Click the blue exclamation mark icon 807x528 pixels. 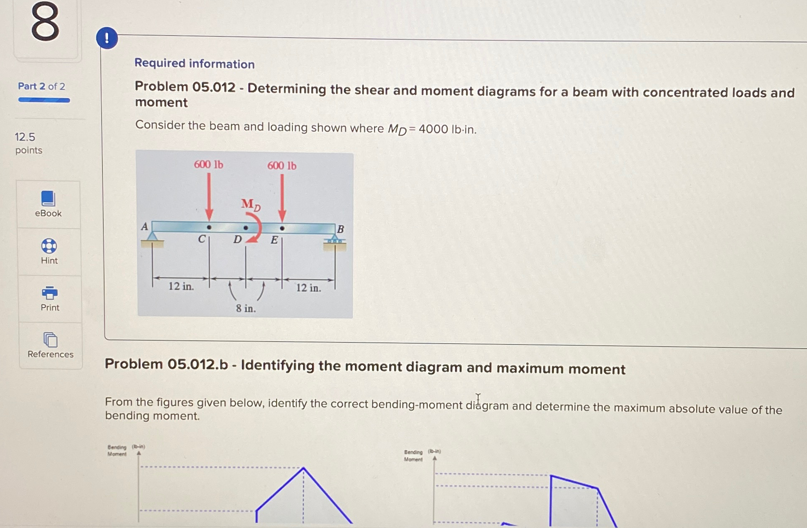click(x=107, y=38)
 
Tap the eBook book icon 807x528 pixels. click(x=48, y=199)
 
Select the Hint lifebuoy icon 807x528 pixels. click(x=49, y=246)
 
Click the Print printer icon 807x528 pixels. click(x=50, y=293)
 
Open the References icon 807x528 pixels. click(x=50, y=339)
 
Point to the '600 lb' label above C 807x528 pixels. click(x=208, y=164)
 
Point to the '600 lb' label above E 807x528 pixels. click(x=282, y=166)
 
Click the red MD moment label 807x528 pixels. click(x=251, y=204)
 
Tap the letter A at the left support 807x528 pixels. click(x=144, y=227)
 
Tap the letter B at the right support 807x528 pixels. click(x=341, y=229)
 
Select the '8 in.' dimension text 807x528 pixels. click(x=246, y=309)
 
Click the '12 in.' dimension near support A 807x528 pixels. click(x=181, y=286)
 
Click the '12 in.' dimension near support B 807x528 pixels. click(x=308, y=288)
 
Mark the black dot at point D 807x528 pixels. click(x=246, y=228)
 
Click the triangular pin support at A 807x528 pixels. click(x=152, y=237)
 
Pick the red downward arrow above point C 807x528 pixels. click(x=209, y=196)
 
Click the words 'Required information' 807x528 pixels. click(x=195, y=64)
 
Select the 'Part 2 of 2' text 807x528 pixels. click(x=41, y=86)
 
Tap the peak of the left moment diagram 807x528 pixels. click(x=303, y=468)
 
